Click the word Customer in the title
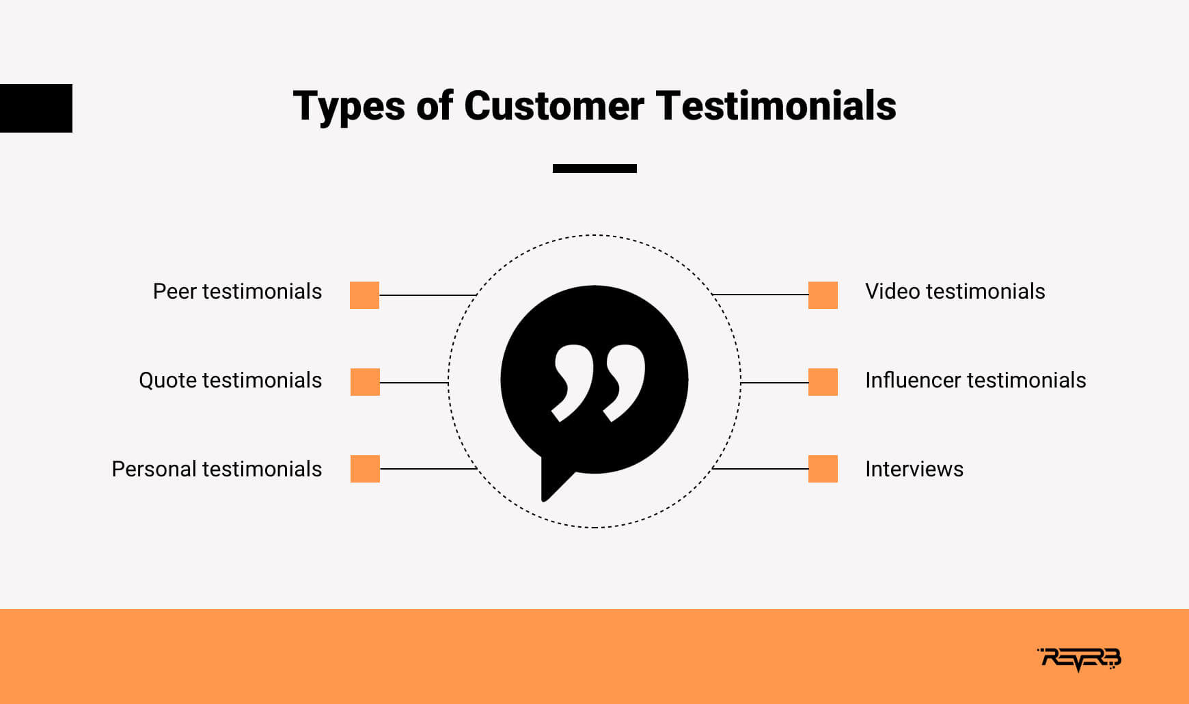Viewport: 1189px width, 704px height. click(x=553, y=106)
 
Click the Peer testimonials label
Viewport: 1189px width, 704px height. click(x=237, y=292)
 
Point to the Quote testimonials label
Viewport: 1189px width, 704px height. click(x=230, y=380)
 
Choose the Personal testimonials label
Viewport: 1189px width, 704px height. click(x=217, y=469)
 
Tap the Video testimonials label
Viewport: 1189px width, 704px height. click(x=955, y=292)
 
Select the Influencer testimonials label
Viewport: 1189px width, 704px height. click(x=976, y=380)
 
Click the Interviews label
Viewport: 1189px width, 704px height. click(x=914, y=469)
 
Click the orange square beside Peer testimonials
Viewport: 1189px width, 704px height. click(x=364, y=295)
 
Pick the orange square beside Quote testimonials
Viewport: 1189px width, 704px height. click(x=365, y=382)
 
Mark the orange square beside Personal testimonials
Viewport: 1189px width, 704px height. click(x=365, y=469)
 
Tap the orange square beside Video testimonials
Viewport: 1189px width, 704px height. click(x=823, y=295)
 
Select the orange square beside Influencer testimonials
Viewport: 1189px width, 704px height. click(x=823, y=382)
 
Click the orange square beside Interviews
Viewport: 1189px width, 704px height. click(x=823, y=469)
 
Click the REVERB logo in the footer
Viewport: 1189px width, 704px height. click(x=1079, y=659)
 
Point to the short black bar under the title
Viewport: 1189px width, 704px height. click(x=594, y=168)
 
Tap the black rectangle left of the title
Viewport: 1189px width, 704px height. click(x=36, y=108)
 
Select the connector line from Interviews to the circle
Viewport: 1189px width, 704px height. click(x=760, y=469)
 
